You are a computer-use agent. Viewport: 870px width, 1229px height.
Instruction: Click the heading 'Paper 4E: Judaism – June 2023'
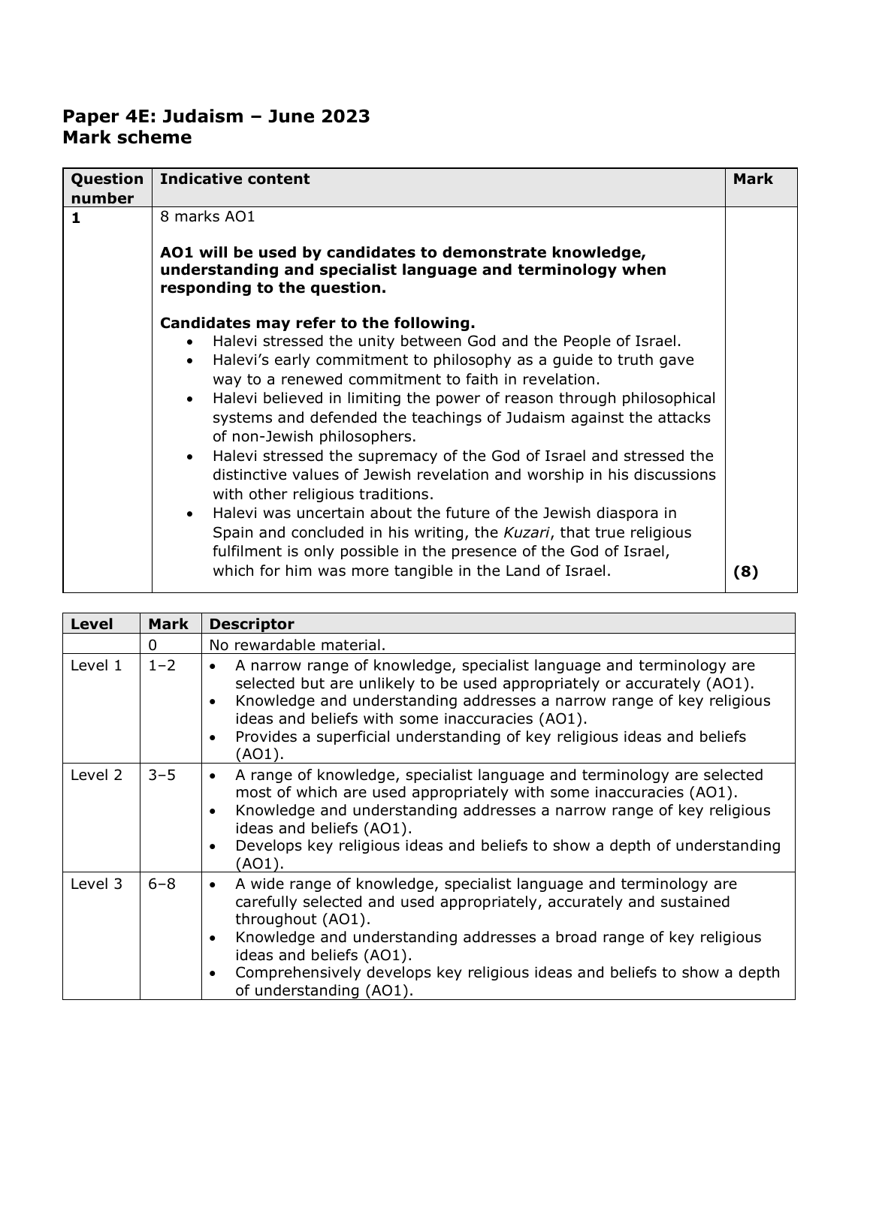[216, 116]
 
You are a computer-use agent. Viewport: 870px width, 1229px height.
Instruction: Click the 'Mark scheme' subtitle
[127, 137]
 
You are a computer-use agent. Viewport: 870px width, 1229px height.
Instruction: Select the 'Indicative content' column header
[234, 179]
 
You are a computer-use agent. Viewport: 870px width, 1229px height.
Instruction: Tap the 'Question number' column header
[107, 188]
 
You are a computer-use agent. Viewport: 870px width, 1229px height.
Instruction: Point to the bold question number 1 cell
[75, 218]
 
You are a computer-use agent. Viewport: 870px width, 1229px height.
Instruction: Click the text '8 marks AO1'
[207, 217]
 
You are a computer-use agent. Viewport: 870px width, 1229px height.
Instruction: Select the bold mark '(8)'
[745, 571]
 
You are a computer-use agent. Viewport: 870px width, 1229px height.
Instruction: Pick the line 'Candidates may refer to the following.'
[317, 324]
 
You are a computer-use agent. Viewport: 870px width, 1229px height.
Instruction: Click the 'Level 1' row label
[95, 665]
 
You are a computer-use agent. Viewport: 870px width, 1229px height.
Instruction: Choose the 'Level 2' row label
[95, 775]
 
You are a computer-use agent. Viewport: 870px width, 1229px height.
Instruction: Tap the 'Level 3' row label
[95, 884]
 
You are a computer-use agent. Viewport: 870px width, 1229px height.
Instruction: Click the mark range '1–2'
[162, 665]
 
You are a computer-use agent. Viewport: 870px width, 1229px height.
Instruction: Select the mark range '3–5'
[162, 775]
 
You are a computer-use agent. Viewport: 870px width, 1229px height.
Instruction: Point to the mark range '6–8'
[162, 884]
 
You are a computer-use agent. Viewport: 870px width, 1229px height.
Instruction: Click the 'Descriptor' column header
[252, 624]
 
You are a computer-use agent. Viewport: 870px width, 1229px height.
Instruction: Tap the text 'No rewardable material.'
[297, 644]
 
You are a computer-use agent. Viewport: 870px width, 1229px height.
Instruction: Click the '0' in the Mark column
[153, 644]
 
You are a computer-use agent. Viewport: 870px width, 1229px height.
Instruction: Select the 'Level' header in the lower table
[91, 624]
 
